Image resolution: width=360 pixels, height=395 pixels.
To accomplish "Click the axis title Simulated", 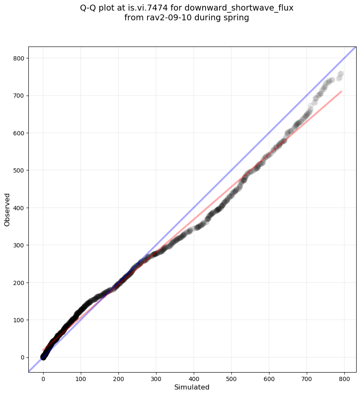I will tap(192, 387).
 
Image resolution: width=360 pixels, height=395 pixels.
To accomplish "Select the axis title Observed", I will tap(7, 209).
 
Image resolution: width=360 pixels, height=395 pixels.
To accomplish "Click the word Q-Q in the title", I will tap(89, 8).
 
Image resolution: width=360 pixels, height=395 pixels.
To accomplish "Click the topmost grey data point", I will tap(341, 74).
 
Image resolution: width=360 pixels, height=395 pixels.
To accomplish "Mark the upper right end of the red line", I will tap(341, 91).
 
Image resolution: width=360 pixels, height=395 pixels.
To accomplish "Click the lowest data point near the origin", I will tap(43, 357).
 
